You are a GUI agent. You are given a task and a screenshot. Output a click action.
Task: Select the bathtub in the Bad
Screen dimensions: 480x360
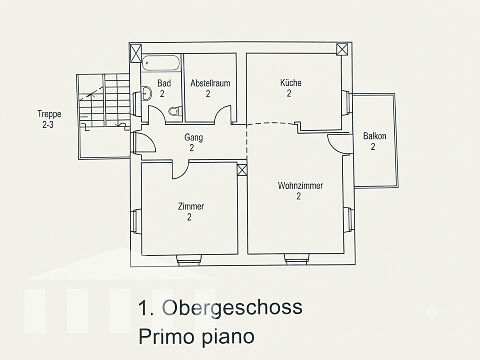pos(161,63)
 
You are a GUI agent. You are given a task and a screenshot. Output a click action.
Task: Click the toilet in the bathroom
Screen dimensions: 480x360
pos(175,111)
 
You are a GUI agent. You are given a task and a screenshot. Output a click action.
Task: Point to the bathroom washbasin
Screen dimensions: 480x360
pos(146,94)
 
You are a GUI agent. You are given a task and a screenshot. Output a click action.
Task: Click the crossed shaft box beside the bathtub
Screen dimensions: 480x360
pos(135,54)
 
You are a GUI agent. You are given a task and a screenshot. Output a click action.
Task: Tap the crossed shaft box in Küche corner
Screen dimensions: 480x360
pos(341,50)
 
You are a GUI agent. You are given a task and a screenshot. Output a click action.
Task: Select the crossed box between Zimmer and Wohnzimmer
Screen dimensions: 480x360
pos(242,169)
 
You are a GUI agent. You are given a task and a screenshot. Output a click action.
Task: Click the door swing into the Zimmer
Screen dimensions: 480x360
pos(180,170)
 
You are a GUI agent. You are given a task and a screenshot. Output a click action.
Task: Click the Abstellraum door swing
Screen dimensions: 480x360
pos(223,114)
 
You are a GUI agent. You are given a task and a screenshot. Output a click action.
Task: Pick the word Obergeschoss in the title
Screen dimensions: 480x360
pos(232,308)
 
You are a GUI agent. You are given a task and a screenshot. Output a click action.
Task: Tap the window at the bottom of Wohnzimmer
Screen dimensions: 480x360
pos(296,259)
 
